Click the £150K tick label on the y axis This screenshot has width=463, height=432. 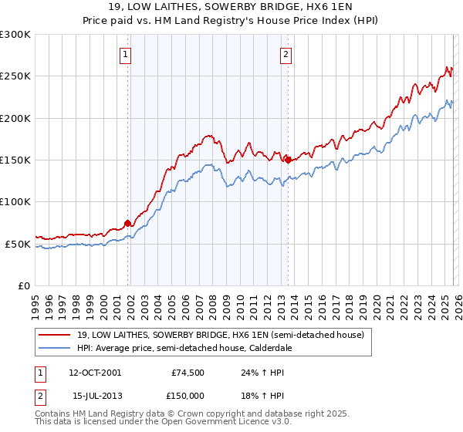(x=15, y=160)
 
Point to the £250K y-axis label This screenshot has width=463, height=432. (x=15, y=76)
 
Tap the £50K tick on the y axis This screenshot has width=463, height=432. (x=18, y=244)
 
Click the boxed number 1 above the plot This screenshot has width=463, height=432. (x=125, y=54)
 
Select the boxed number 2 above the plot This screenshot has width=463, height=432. (x=286, y=54)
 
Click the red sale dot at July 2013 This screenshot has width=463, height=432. (x=288, y=160)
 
